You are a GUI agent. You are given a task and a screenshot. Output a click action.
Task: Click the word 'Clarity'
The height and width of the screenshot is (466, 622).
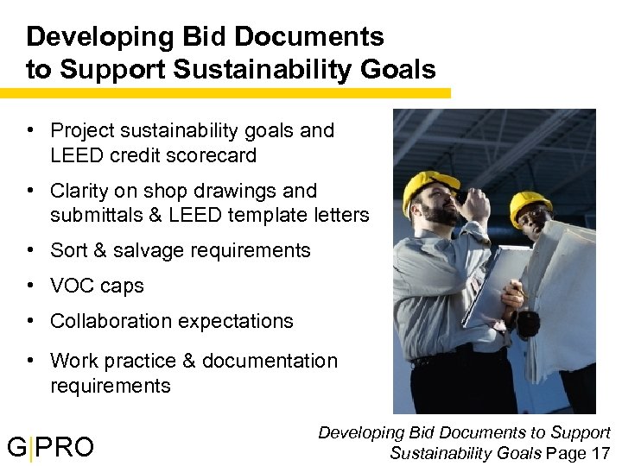(83, 191)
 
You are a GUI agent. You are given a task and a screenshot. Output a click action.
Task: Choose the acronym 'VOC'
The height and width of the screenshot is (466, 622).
(74, 286)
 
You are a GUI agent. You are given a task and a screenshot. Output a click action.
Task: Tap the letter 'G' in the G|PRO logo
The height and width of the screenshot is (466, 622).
(16, 447)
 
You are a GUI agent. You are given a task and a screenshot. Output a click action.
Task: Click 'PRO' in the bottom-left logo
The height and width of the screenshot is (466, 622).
(66, 447)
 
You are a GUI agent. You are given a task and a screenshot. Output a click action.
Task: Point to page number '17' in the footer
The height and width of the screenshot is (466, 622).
(600, 452)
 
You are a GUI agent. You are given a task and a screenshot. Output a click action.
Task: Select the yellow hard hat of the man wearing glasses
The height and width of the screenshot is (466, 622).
(530, 205)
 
